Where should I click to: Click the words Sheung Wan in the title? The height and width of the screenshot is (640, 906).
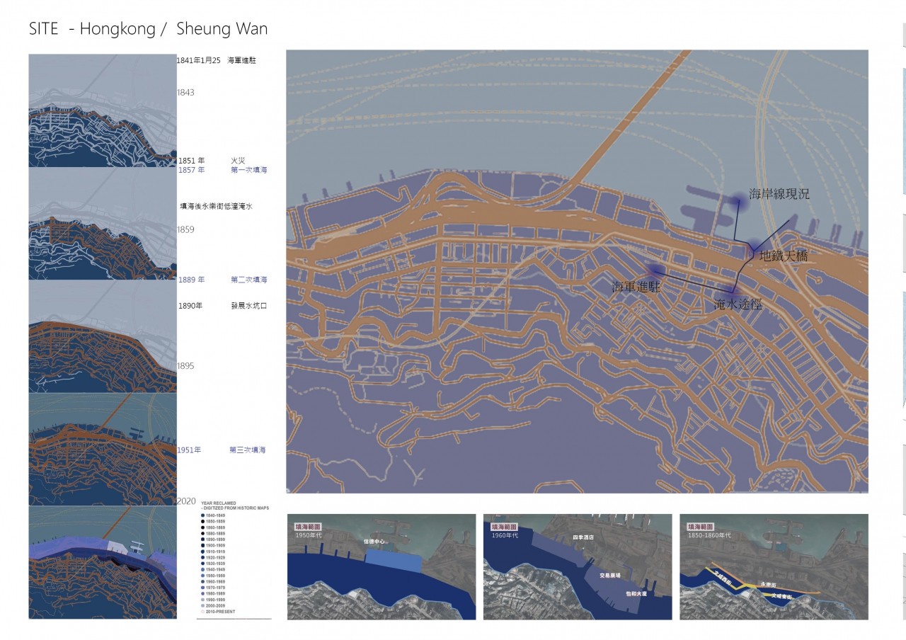(222, 29)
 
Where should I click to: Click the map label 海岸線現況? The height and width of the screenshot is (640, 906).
(779, 194)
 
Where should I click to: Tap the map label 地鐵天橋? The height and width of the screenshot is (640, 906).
(783, 256)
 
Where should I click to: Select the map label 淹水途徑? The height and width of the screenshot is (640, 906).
(738, 304)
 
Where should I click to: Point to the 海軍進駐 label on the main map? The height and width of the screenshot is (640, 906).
(636, 287)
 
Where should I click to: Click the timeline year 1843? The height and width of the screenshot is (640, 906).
(185, 93)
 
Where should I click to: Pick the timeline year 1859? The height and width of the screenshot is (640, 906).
(185, 230)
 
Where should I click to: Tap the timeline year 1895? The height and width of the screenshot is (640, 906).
(185, 366)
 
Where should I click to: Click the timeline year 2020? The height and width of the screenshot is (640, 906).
(186, 501)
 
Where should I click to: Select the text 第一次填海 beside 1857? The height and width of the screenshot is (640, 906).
(248, 170)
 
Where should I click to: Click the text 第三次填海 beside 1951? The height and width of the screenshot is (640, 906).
(247, 450)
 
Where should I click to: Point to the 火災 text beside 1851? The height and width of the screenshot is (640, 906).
(237, 161)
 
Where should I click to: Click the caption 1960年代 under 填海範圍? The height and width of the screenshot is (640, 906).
(505, 535)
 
